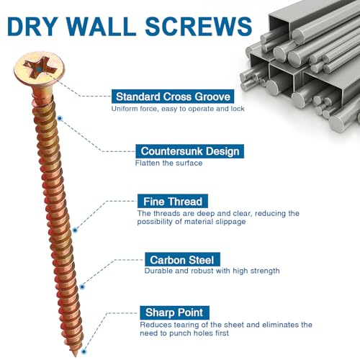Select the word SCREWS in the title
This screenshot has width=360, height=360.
point(199,27)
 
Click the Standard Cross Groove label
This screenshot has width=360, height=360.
point(173,96)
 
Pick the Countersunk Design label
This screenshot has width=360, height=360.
point(190,151)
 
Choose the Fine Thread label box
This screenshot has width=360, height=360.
point(173,201)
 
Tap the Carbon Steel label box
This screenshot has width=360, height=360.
point(182,259)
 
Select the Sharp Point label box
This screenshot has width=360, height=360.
point(175,312)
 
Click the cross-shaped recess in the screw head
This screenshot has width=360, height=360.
point(40,69)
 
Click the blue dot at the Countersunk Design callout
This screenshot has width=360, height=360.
point(60,118)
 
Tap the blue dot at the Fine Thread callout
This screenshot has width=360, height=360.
point(75,230)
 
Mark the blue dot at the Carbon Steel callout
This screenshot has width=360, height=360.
point(82,287)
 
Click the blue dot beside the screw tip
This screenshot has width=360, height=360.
point(84,351)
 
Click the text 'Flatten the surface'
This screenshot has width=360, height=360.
point(168,163)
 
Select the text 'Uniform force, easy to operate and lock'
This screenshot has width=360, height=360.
point(178,109)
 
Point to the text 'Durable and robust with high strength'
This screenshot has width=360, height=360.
point(212,271)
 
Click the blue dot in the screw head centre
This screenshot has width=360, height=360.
point(39,70)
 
